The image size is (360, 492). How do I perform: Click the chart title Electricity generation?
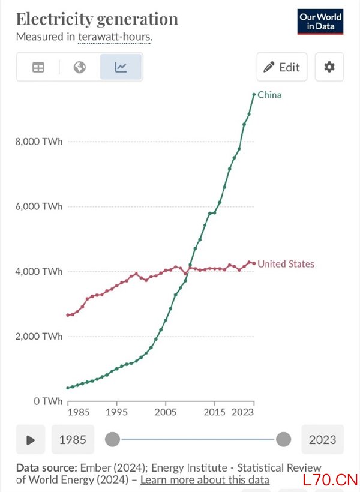(97, 19)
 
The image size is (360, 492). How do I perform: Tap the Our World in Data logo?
(320, 22)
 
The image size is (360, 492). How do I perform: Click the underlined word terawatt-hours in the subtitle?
(115, 37)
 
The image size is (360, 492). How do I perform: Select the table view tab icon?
(38, 67)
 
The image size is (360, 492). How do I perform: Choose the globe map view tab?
(80, 67)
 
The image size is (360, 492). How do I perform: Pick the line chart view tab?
(121, 67)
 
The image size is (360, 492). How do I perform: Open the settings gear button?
(329, 67)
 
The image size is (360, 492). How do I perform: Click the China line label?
(269, 95)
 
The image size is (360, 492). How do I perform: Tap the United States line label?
(286, 264)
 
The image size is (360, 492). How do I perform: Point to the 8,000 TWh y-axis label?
(40, 142)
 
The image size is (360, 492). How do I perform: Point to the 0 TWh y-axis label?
(49, 401)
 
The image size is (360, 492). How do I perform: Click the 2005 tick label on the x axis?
(165, 413)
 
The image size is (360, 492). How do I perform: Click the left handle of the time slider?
(112, 440)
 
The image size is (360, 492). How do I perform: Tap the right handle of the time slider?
(283, 440)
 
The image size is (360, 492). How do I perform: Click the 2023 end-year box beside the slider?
(322, 440)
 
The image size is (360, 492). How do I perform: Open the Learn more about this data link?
(205, 480)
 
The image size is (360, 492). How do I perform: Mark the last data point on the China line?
(254, 94)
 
